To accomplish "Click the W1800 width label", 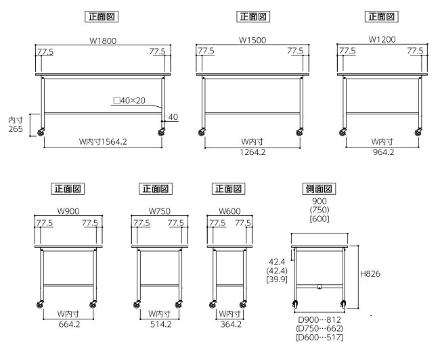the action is click(x=103, y=41).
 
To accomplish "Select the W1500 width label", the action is click(x=252, y=41).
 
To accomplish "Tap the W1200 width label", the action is click(x=382, y=39).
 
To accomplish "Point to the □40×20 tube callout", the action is click(x=129, y=100).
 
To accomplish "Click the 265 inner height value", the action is click(x=16, y=129).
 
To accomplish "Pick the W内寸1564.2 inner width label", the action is click(x=103, y=141).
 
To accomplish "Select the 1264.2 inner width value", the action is click(x=252, y=152).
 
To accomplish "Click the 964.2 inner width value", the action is click(x=383, y=152).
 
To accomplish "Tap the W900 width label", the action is click(x=68, y=211).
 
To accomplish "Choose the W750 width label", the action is click(x=159, y=211).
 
